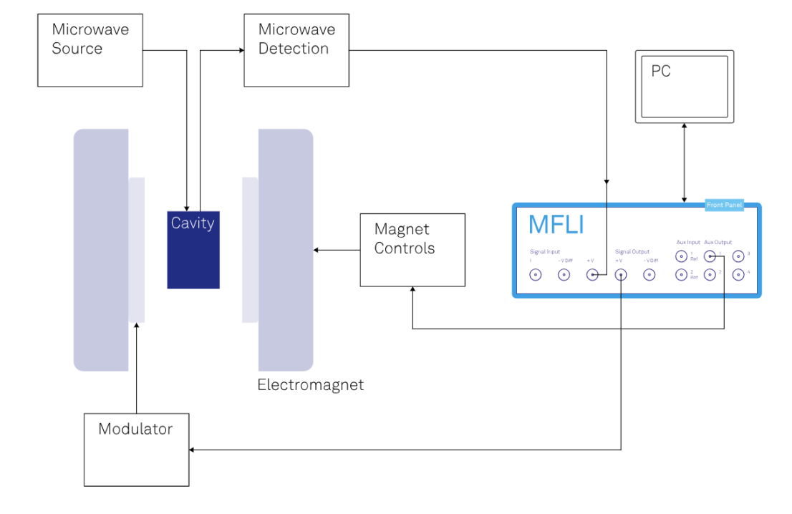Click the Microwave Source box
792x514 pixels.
click(90, 50)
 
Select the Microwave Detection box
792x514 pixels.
click(296, 50)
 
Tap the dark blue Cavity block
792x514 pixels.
click(193, 250)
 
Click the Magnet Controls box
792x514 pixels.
click(412, 250)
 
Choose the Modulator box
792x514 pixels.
click(137, 450)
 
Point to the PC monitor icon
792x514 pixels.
click(685, 87)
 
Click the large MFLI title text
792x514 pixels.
click(556, 225)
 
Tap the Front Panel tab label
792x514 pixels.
click(724, 205)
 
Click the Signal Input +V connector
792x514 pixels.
click(592, 275)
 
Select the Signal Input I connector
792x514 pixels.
click(535, 275)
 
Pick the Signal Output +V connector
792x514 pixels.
click(620, 275)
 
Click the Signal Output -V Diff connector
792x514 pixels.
click(649, 275)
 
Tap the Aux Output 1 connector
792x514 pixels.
click(710, 256)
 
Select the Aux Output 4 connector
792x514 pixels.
click(738, 275)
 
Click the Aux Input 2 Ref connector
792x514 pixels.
click(681, 275)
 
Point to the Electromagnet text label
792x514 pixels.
click(311, 385)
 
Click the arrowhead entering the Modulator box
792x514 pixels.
click(193, 450)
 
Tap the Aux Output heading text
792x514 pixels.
click(718, 243)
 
